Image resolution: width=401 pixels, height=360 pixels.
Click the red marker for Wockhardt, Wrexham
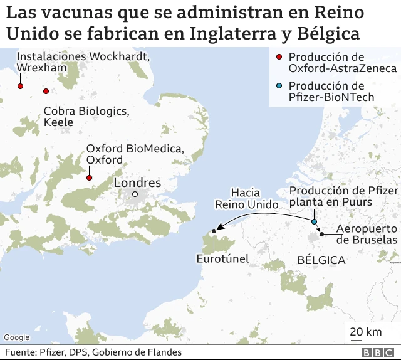(20, 86)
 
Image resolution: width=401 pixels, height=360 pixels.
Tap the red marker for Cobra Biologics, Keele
(46, 92)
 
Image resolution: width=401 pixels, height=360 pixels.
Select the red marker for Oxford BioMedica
(89, 177)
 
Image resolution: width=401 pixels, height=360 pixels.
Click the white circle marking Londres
(134, 194)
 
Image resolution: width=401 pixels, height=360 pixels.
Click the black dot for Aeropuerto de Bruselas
(321, 234)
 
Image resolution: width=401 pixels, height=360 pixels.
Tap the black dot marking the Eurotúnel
(214, 231)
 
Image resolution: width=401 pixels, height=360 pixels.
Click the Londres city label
(137, 183)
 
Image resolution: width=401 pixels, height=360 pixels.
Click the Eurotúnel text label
(222, 258)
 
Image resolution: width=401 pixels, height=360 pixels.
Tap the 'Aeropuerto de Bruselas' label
(367, 234)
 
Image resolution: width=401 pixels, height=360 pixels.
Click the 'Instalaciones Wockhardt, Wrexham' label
(84, 61)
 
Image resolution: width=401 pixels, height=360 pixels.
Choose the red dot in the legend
(279, 58)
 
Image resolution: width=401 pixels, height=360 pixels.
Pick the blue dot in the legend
(279, 86)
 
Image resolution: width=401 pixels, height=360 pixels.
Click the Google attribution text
(17, 337)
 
